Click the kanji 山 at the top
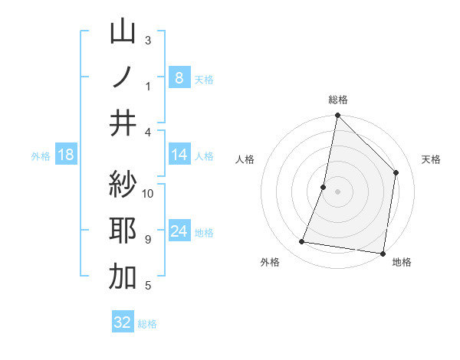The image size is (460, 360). pos(123,32)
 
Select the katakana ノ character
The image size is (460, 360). pos(123,77)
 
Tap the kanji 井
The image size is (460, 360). pos(123,123)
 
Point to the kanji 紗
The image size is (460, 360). pos(123,184)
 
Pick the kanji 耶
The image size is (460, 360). pos(123,231)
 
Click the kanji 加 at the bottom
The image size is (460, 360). pos(123,277)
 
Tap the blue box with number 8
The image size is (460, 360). pos(179,77)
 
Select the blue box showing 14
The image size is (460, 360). pos(179,155)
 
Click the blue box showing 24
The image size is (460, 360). pos(179,231)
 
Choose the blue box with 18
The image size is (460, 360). pos(66,155)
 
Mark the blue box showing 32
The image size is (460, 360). pos(123,322)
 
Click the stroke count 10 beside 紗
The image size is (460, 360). pos(148,193)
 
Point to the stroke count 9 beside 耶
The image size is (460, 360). pos(148,240)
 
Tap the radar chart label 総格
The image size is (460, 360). pos(338,100)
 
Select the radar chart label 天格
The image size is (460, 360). pos(431,159)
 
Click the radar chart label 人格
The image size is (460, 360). pos(245,159)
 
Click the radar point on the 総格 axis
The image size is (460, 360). pos(337,116)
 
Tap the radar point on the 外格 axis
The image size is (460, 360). pos(302,242)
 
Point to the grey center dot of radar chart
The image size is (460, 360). pos(337,191)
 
